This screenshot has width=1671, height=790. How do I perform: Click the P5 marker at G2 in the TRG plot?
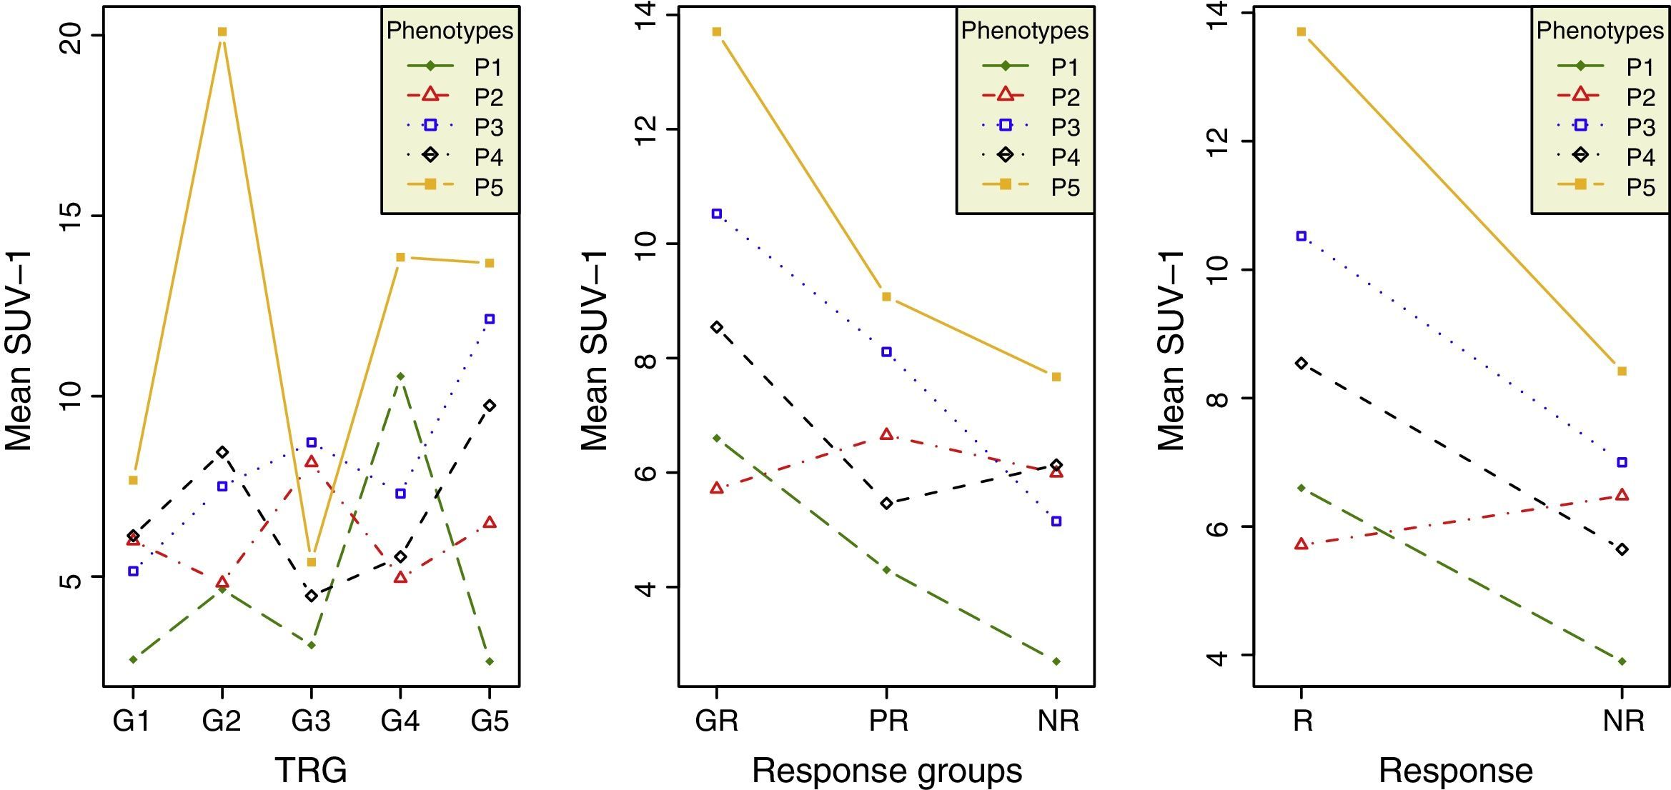tap(222, 31)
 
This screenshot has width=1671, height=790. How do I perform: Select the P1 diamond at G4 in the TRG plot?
tap(400, 376)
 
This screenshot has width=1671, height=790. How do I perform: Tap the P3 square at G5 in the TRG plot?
tap(490, 319)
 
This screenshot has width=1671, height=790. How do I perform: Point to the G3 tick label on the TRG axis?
tap(311, 721)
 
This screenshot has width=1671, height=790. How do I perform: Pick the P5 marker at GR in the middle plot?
tap(716, 31)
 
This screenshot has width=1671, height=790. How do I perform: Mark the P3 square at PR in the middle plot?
tap(886, 351)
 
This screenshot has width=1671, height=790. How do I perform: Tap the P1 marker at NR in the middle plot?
tap(1056, 661)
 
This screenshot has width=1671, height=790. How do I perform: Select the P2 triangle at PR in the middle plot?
tap(886, 434)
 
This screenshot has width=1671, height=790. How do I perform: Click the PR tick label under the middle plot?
tap(888, 721)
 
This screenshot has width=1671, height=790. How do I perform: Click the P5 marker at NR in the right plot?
tap(1622, 371)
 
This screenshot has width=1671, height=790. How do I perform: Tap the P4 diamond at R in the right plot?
tap(1301, 364)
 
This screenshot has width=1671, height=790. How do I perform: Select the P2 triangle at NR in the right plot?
tap(1622, 495)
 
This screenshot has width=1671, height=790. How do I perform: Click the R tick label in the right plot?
tap(1302, 721)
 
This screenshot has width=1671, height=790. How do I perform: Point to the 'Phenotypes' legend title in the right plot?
tap(1600, 31)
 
